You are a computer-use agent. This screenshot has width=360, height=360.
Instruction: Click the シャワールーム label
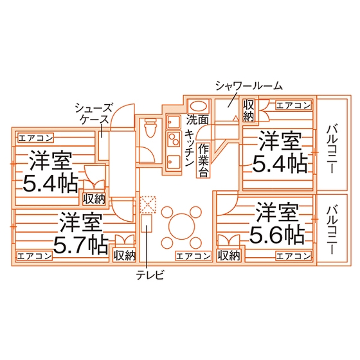[x=249, y=86]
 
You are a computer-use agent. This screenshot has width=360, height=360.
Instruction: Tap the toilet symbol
[x=150, y=128]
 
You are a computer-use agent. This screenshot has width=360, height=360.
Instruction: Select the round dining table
[x=181, y=226]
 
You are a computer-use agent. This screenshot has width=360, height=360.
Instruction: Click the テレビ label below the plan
[x=150, y=274]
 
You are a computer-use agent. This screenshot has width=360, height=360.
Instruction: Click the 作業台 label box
[x=203, y=160]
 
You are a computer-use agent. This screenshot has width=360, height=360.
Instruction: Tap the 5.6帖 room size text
[x=277, y=235]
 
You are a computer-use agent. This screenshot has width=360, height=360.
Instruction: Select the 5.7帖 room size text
[x=81, y=246]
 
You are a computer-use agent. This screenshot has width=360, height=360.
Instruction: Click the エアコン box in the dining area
[x=194, y=256]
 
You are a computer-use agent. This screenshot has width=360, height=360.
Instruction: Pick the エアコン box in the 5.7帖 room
[x=35, y=256]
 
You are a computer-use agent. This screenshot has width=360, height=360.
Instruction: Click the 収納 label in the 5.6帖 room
[x=229, y=255]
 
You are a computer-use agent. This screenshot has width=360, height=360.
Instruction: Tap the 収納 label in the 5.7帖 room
[x=125, y=255]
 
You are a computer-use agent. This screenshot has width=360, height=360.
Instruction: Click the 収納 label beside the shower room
[x=249, y=111]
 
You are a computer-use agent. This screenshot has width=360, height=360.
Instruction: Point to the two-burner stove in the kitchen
[x=174, y=139]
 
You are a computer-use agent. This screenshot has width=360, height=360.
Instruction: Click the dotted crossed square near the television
[x=148, y=204]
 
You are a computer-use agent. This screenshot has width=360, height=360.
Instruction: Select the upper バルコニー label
[x=332, y=149]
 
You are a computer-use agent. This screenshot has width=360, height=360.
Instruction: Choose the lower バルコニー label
[x=332, y=230]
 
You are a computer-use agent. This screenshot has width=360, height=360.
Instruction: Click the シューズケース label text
[x=94, y=113]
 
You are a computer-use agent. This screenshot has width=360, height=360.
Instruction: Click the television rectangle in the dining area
[x=147, y=223]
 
